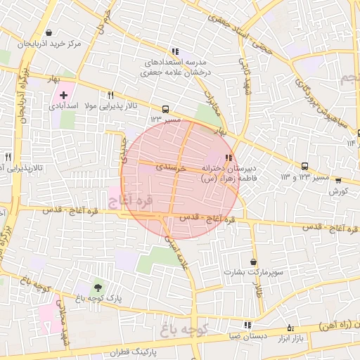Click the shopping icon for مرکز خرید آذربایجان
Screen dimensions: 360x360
[x=48, y=32]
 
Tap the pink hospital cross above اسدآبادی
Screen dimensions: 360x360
[x=64, y=94]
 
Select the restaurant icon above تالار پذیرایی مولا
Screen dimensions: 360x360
[x=110, y=94]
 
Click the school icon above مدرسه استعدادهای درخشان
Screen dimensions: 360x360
[x=175, y=51]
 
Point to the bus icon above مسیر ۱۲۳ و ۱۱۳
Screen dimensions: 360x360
[x=304, y=167]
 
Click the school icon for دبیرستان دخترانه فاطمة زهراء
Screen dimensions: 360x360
[x=227, y=157]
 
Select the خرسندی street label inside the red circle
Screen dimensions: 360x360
[x=171, y=168]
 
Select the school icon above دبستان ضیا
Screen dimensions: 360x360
[x=247, y=325]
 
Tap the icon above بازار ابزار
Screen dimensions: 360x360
[x=291, y=328]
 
